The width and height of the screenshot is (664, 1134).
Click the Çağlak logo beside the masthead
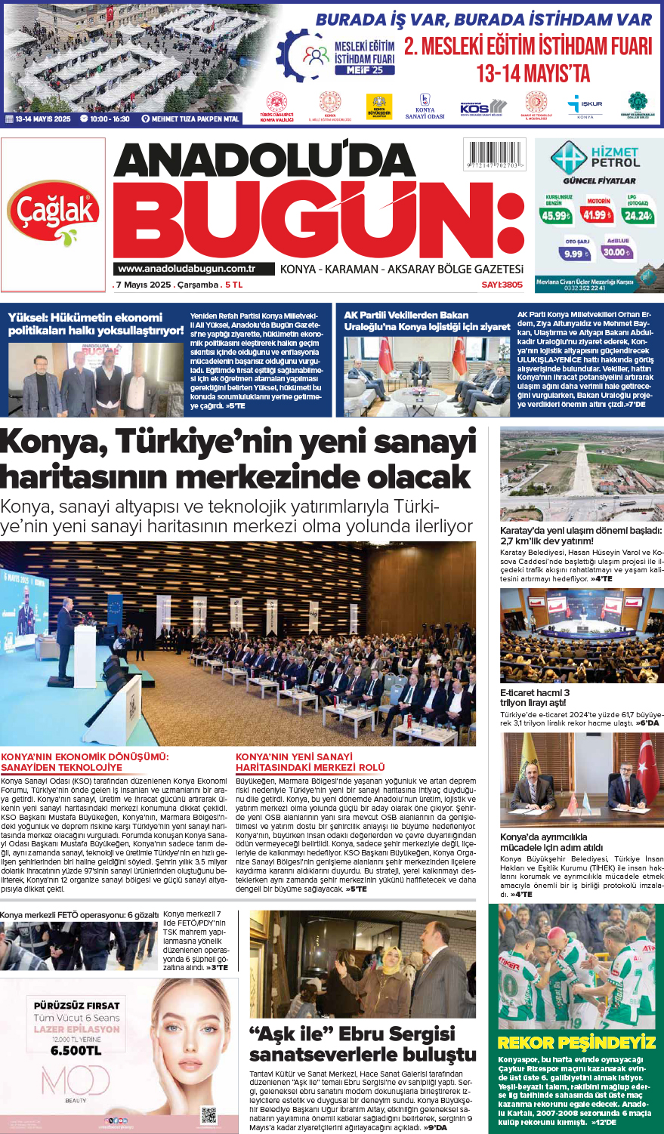point(54,213)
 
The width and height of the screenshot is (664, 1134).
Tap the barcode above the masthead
point(496,155)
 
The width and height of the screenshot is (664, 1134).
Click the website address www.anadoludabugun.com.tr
point(186,269)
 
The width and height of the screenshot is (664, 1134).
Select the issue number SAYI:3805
point(502,285)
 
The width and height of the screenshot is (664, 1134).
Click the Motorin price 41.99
point(598,215)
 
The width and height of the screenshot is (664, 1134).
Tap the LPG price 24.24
point(638,215)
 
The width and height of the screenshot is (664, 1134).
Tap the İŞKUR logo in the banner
point(585,104)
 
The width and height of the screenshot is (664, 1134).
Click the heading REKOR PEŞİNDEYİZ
point(576,1043)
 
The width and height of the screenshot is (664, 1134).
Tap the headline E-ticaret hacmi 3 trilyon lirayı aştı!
point(535,698)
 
